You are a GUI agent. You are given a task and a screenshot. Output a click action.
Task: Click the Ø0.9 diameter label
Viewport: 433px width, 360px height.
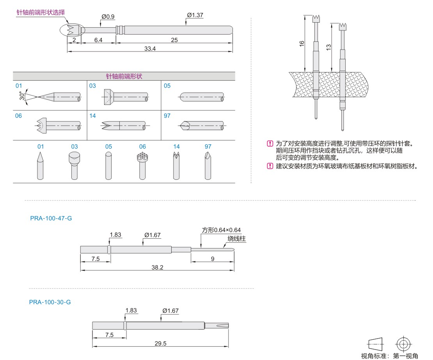coord(108,17)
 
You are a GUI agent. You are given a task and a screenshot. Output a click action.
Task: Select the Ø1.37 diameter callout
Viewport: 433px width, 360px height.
coord(195,15)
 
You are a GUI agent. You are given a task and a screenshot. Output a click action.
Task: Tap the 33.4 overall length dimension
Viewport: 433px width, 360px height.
coord(150,49)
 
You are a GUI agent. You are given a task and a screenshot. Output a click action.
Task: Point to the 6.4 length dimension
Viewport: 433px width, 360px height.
coord(98,40)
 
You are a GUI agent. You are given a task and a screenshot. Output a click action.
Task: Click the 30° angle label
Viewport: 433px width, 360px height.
coord(22,96)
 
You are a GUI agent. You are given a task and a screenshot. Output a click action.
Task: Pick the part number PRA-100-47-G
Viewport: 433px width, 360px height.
coord(51,218)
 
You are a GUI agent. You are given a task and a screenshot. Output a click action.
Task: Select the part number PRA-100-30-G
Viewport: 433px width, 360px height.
coord(50,302)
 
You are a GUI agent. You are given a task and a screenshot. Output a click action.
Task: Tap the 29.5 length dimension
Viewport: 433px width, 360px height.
coord(160,344)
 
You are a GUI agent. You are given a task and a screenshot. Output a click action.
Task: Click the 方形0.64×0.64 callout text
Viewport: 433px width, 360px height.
coord(221,230)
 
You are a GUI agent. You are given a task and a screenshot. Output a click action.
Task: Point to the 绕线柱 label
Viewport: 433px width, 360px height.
coord(237,239)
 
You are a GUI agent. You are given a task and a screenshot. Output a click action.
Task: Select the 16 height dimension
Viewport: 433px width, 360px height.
coord(302,44)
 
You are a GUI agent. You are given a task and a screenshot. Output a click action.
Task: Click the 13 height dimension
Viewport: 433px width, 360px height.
coord(329,46)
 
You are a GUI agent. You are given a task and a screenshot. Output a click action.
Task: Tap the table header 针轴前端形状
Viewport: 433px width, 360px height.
coord(124,76)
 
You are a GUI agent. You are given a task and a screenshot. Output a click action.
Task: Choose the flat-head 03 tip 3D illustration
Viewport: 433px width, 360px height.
coord(74,166)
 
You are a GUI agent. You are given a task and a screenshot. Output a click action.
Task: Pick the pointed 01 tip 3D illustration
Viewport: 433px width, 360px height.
coord(40,166)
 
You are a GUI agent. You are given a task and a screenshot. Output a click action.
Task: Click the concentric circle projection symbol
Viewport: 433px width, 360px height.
coord(403,344)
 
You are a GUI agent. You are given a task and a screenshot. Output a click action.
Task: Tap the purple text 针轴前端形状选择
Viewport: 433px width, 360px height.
coord(41,12)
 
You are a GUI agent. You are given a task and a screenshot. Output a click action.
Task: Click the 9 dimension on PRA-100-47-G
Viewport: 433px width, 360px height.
coord(213,259)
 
